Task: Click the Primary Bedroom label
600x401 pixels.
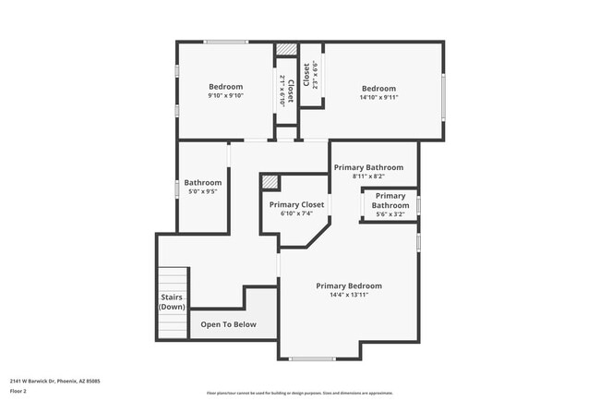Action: tap(348, 286)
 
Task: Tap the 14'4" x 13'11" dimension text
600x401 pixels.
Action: tap(348, 295)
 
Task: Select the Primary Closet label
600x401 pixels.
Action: tap(296, 204)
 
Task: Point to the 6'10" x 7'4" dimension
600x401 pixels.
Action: tap(296, 213)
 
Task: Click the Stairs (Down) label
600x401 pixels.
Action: tap(172, 302)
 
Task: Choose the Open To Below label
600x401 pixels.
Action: tap(228, 324)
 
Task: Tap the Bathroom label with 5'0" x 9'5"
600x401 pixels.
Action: tap(203, 182)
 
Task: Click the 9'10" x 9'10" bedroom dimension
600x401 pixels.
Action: tap(225, 96)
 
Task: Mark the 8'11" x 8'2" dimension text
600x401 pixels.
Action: tap(373, 176)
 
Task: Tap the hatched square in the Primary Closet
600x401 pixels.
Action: tap(270, 181)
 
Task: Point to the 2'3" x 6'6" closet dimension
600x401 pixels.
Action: tap(316, 74)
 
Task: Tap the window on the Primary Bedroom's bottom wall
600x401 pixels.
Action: tap(313, 358)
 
